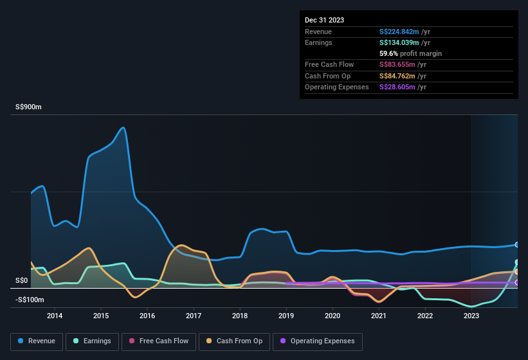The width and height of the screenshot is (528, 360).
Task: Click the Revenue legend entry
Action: tap(37, 341)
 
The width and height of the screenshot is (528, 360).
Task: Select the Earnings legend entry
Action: tap(92, 341)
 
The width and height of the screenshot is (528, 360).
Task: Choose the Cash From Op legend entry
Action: tap(234, 341)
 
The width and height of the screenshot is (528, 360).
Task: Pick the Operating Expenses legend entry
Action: tap(318, 341)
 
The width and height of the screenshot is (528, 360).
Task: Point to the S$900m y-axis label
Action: tap(28, 107)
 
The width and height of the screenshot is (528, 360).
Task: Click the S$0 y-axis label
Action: tap(22, 281)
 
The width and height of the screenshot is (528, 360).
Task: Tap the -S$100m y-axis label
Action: tap(30, 300)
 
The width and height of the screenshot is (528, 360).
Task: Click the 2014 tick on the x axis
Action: tap(55, 316)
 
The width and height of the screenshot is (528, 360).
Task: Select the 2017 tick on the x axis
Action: tap(194, 316)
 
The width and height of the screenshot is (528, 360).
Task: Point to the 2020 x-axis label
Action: tap(332, 316)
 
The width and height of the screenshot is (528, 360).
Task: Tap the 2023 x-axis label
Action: tap(471, 316)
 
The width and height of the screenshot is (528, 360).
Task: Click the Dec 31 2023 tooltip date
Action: tap(324, 20)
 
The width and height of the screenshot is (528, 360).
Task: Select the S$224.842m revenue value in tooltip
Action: tap(399, 32)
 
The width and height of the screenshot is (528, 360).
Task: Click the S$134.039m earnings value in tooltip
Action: tap(399, 42)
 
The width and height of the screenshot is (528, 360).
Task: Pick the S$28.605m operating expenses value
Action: tap(397, 87)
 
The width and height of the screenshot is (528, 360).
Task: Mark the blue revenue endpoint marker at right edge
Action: tap(517, 245)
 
